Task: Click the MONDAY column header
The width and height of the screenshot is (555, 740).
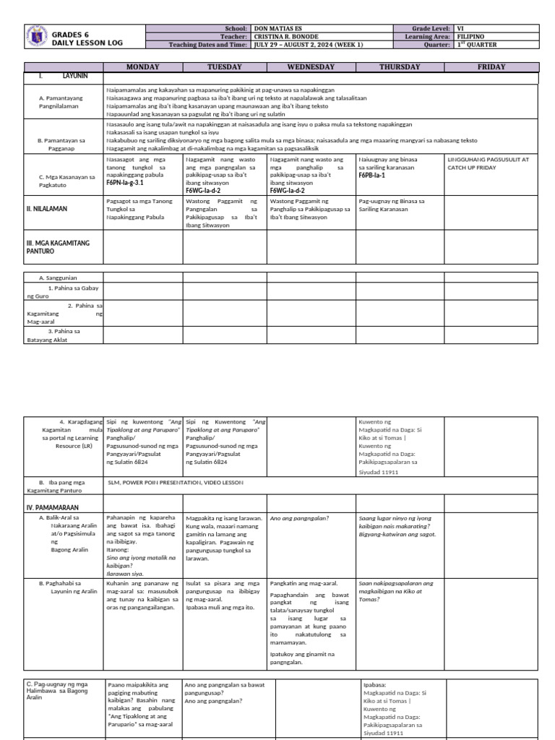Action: click(x=142, y=67)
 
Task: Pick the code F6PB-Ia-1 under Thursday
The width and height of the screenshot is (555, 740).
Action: click(x=371, y=175)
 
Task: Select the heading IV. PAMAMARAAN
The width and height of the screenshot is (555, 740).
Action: click(x=53, y=507)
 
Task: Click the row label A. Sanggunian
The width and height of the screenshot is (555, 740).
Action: click(x=61, y=277)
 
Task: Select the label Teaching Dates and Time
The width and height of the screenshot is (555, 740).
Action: click(x=207, y=45)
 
